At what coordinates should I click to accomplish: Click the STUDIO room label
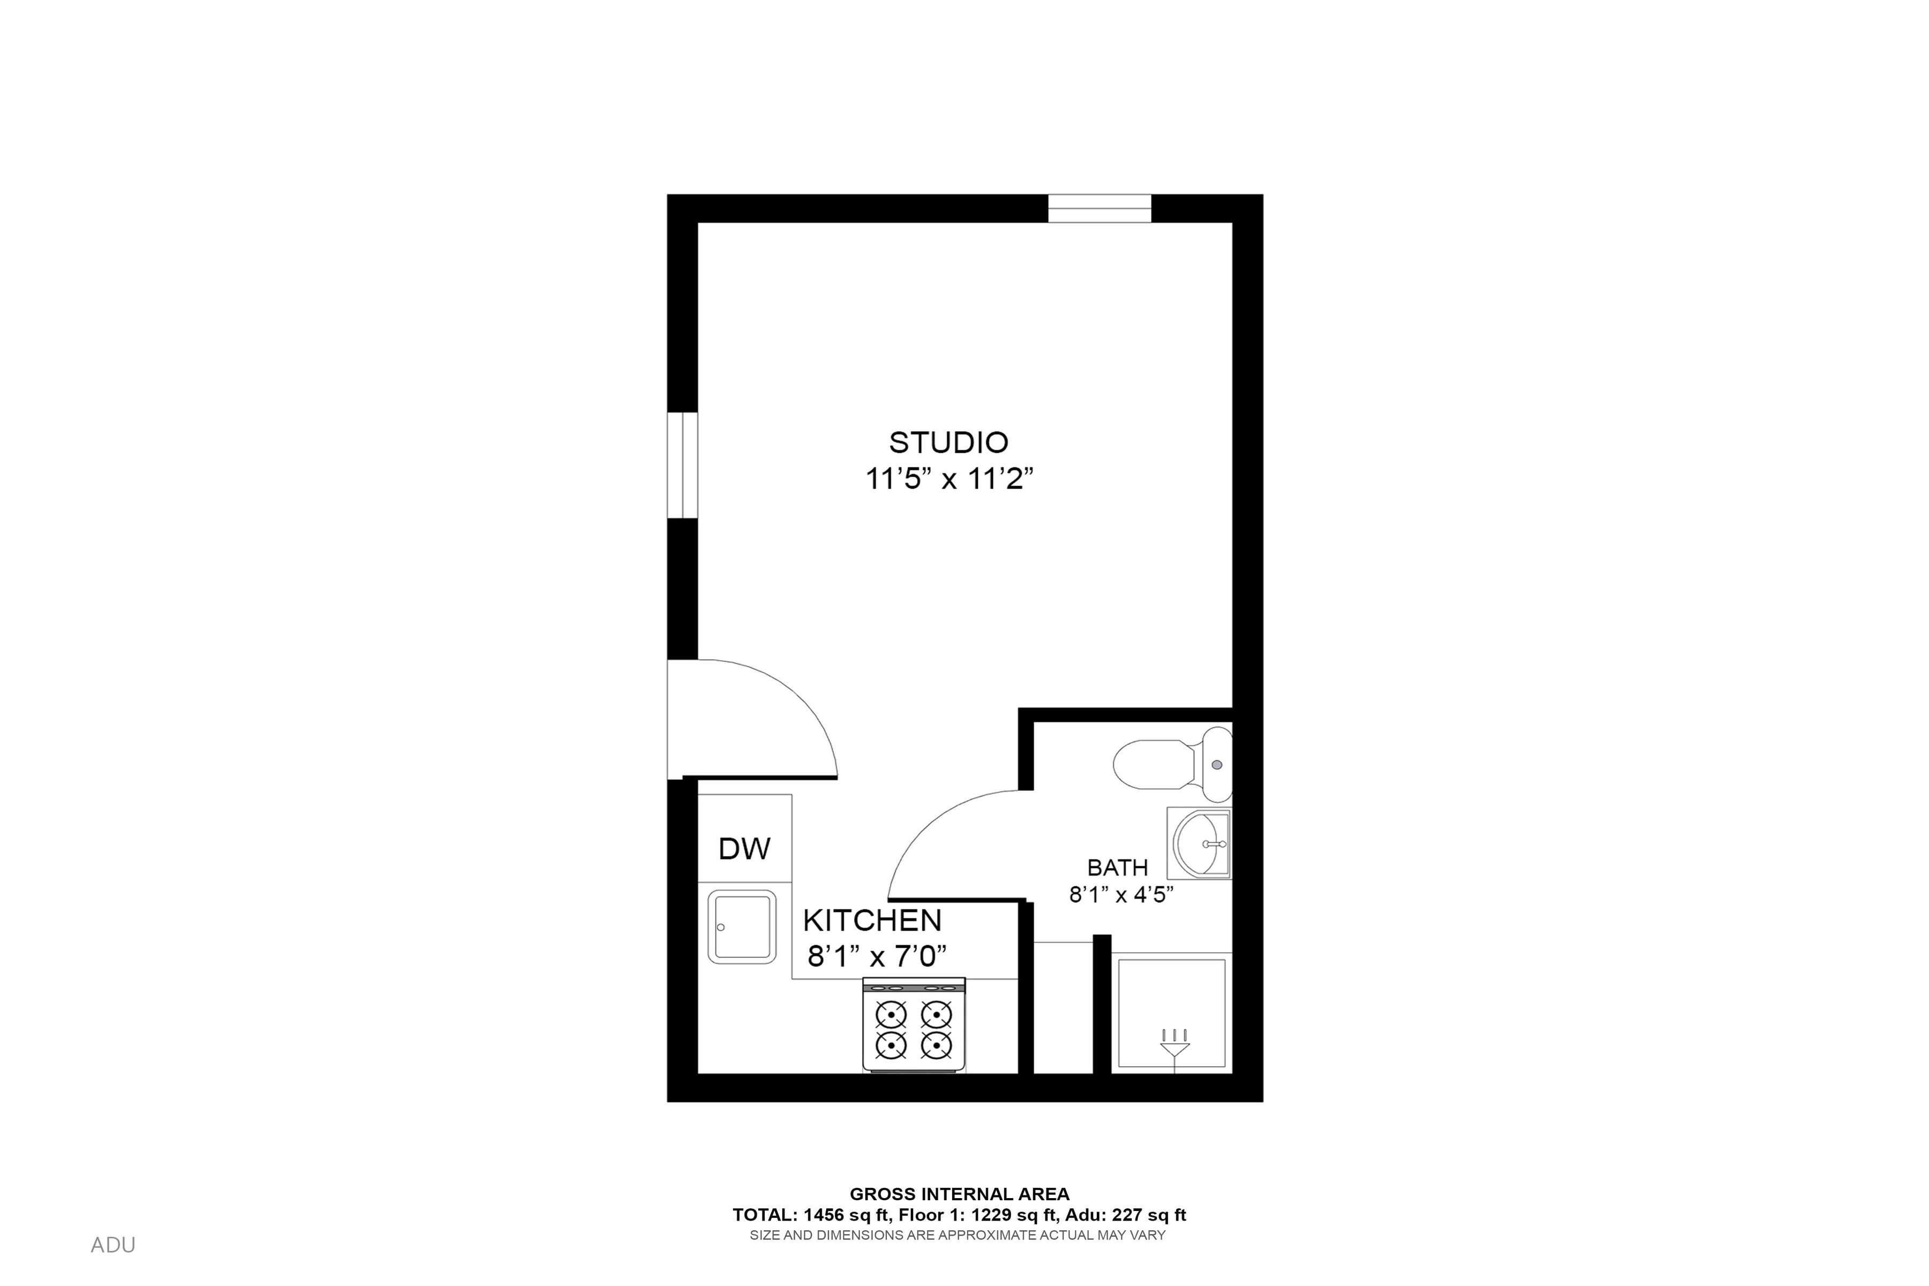(949, 443)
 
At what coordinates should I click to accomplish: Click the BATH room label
(1117, 868)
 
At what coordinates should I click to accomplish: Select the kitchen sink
(742, 927)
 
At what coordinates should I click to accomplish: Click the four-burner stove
(914, 1025)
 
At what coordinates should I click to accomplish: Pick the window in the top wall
(1100, 208)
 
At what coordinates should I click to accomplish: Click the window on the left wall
(682, 465)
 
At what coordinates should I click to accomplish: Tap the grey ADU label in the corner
(113, 1245)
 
